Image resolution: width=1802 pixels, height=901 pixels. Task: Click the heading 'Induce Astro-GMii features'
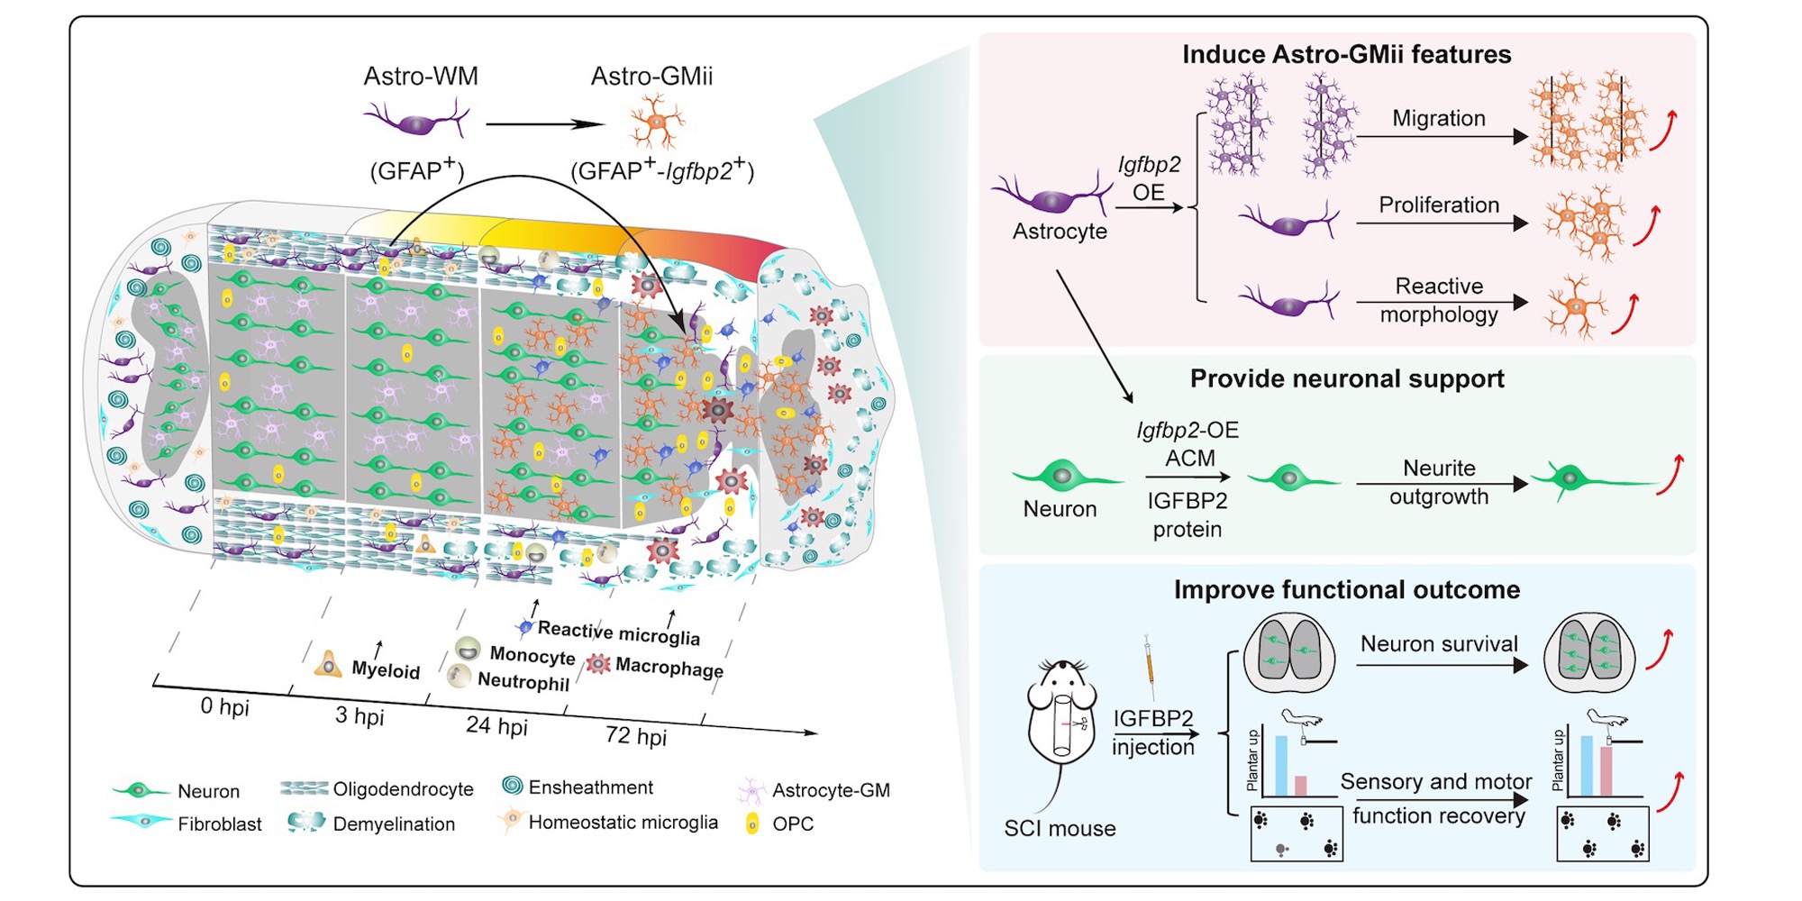tap(1346, 55)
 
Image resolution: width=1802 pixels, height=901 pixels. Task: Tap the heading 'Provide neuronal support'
tap(1346, 378)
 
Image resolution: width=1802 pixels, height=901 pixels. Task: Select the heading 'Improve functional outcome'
tap(1346, 590)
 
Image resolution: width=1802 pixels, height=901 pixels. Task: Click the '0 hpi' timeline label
tap(224, 706)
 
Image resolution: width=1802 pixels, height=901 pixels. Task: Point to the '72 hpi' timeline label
tap(636, 736)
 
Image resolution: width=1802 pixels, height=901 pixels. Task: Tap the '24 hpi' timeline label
tap(496, 725)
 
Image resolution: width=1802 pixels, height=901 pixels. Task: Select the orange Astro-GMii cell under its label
tap(656, 122)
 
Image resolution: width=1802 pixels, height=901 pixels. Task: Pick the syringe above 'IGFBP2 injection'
tap(1150, 667)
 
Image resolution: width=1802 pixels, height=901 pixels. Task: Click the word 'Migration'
tap(1438, 118)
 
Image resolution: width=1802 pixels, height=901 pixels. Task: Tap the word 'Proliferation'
tap(1438, 205)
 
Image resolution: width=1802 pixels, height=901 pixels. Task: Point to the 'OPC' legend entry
tap(792, 824)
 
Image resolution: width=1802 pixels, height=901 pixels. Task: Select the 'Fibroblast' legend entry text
tap(219, 824)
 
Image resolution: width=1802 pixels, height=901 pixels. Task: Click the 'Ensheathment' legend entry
tap(590, 787)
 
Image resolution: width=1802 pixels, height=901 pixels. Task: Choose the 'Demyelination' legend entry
tap(394, 824)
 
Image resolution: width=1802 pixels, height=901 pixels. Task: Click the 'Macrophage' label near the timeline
tap(669, 668)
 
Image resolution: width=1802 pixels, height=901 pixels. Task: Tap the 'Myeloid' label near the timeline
tap(386, 670)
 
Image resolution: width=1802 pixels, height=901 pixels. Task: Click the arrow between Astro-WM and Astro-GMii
tap(543, 124)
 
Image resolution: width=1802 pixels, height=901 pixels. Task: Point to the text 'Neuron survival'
tap(1438, 644)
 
